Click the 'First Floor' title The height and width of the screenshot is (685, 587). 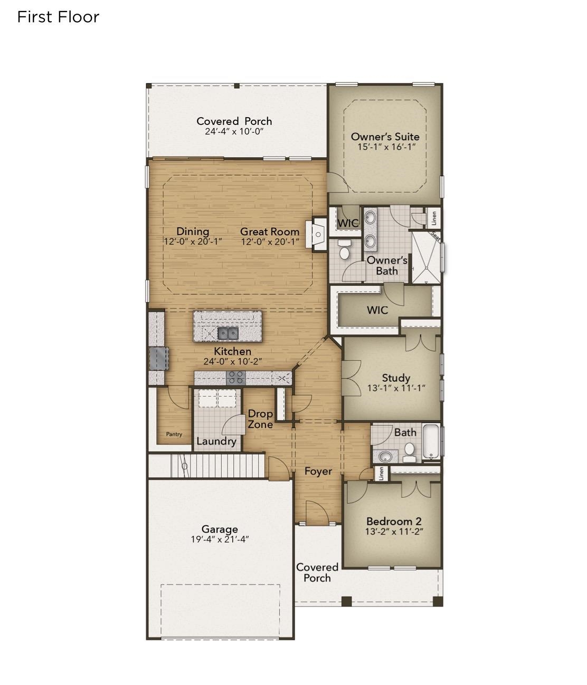58,17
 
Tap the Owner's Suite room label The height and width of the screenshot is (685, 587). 385,137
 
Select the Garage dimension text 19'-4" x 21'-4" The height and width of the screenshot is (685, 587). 220,539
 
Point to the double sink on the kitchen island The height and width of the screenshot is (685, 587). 228,333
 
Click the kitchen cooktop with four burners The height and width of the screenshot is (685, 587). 235,377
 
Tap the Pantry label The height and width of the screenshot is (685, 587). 174,435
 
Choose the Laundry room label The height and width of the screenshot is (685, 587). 216,441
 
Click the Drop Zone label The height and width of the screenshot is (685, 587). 260,419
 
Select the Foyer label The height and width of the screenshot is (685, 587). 318,471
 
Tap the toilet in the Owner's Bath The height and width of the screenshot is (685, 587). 344,250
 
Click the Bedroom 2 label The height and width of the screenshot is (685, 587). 394,522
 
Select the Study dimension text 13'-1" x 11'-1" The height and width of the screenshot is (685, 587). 396,388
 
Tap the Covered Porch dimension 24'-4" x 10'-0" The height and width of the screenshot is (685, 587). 234,131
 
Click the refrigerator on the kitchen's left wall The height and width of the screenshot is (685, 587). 158,359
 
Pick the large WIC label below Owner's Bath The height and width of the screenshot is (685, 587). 377,310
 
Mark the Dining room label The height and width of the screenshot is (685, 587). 193,231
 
